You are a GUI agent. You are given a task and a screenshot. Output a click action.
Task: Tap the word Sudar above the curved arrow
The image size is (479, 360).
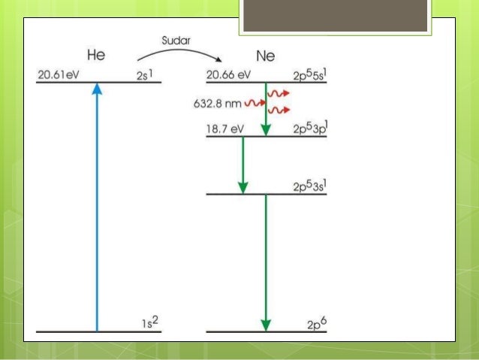click(176, 38)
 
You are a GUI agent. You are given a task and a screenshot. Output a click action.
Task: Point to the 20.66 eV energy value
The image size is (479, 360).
click(228, 75)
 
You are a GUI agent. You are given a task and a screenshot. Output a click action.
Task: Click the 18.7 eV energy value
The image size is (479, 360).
click(225, 130)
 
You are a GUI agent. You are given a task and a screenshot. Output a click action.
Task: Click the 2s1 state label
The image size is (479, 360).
click(146, 75)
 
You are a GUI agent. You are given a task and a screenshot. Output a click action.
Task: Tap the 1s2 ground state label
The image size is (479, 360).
click(150, 323)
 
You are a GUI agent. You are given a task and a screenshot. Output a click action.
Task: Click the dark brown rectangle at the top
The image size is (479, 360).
click(336, 14)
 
